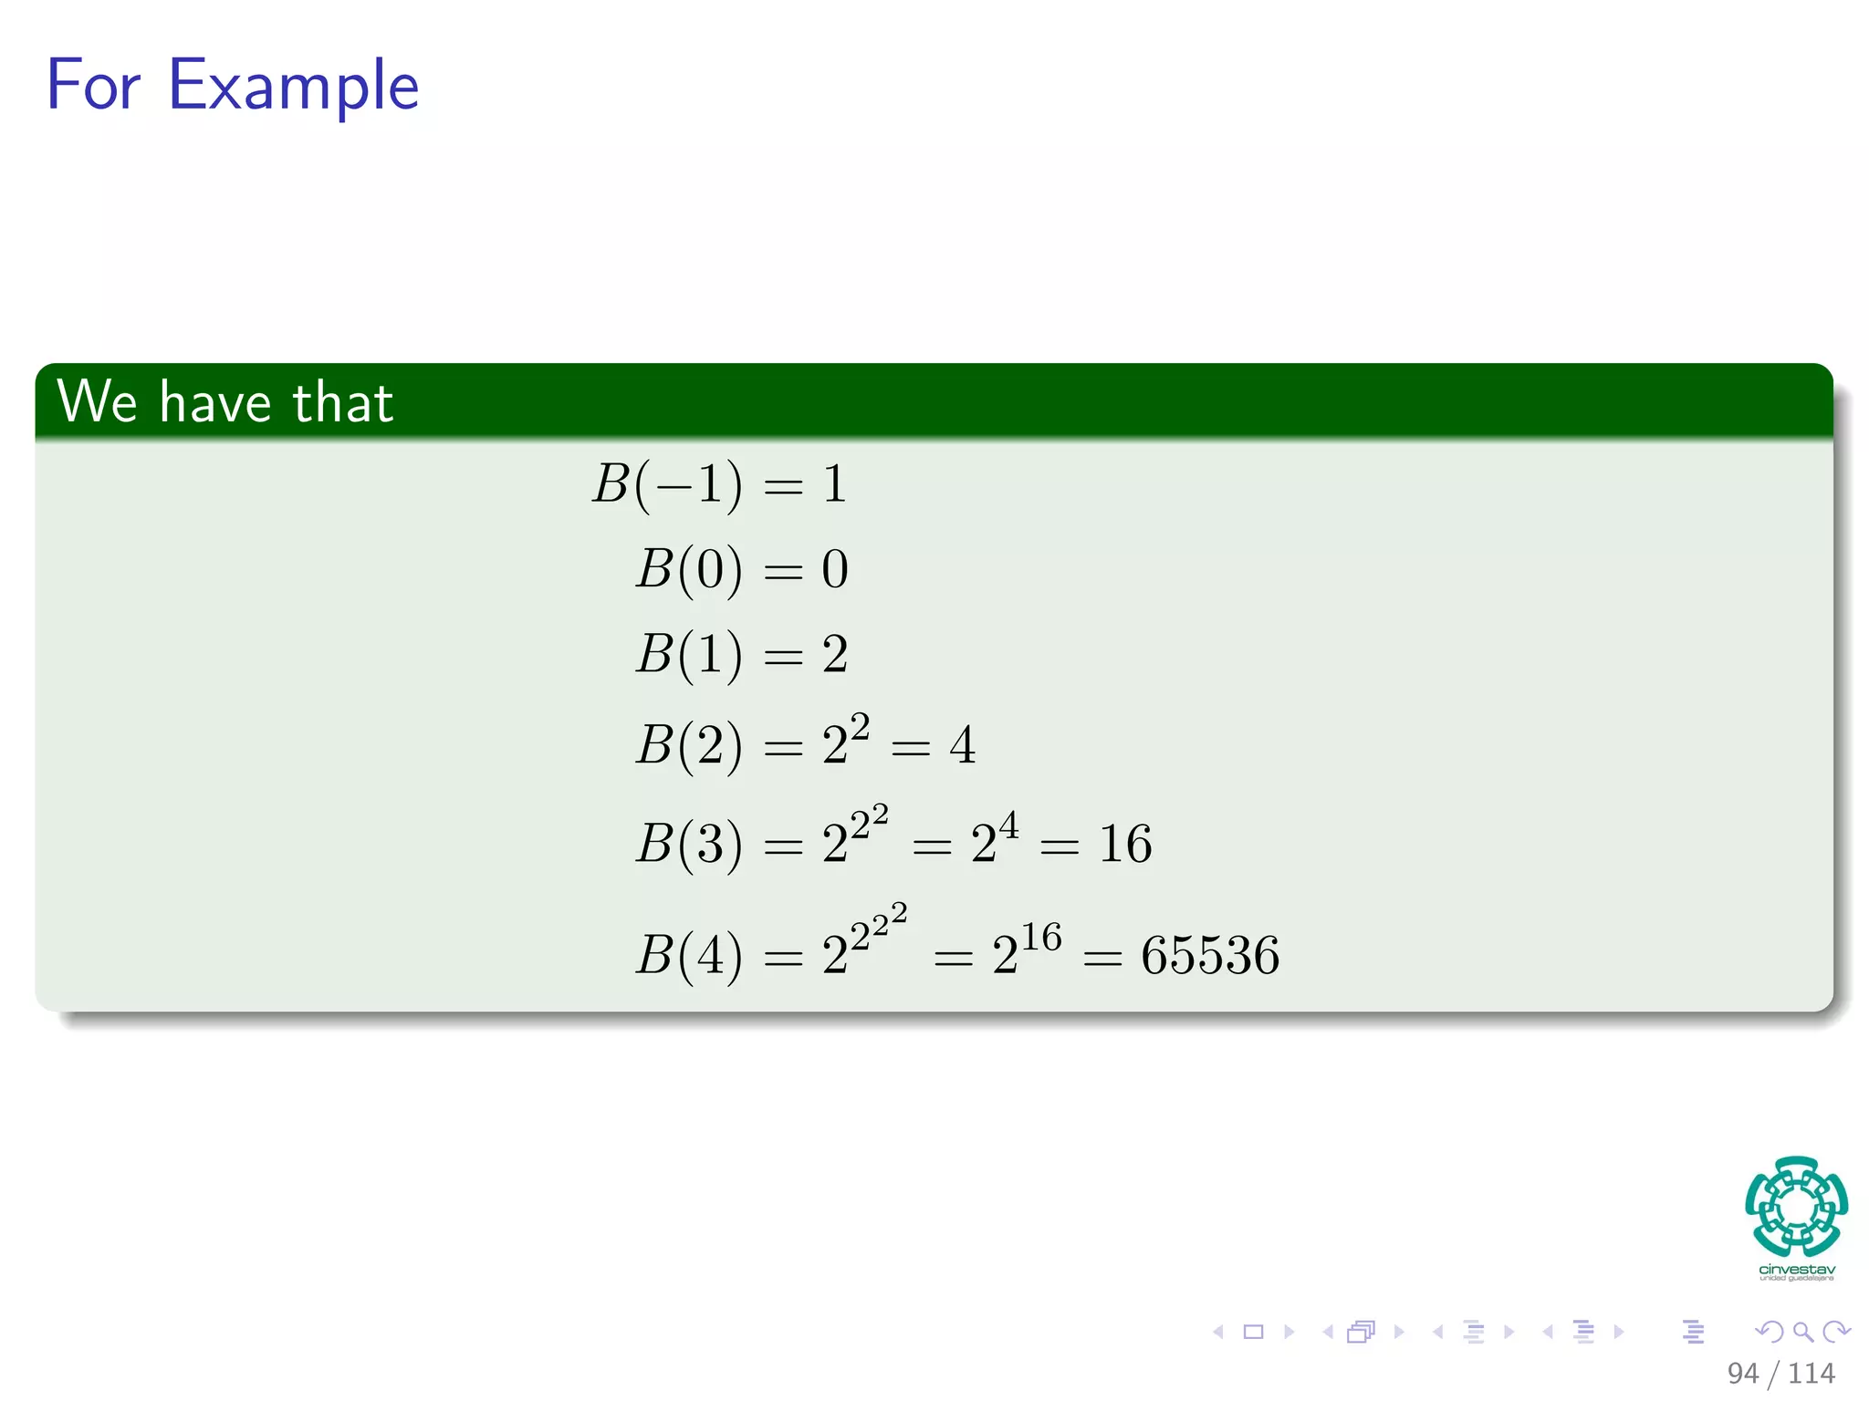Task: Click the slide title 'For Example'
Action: [233, 85]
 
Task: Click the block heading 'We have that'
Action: [225, 401]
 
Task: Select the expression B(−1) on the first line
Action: [666, 483]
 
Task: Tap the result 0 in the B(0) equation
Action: [835, 569]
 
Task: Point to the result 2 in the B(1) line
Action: [835, 654]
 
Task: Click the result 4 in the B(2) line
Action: [962, 745]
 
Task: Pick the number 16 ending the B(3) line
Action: [1125, 844]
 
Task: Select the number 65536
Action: [1210, 955]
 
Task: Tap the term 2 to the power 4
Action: [994, 839]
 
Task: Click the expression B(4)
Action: [689, 955]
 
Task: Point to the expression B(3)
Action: [689, 844]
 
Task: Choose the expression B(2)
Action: [689, 745]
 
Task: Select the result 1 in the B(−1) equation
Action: [835, 483]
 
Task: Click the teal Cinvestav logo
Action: [1796, 1206]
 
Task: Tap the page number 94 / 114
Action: [1780, 1373]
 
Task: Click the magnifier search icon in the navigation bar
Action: [1802, 1332]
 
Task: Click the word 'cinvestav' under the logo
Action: [1796, 1270]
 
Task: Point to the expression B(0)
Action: [689, 569]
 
